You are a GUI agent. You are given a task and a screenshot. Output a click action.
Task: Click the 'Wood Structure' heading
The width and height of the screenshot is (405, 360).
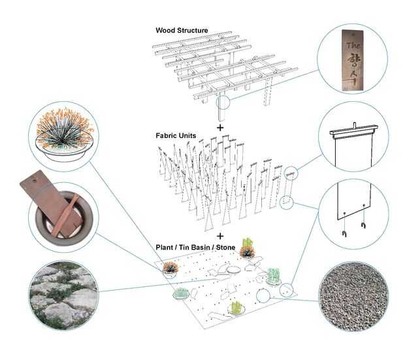click(182, 31)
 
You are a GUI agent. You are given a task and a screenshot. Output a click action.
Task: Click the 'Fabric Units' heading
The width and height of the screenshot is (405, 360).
click(176, 136)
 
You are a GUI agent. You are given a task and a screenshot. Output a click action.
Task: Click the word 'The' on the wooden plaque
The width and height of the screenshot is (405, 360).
click(353, 46)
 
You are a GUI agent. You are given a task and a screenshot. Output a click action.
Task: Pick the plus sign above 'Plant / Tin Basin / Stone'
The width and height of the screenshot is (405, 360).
click(220, 236)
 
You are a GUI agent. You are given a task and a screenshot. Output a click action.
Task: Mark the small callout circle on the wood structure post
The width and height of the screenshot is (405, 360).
click(223, 103)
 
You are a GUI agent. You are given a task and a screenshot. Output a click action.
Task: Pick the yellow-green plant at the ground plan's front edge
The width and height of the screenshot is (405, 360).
click(236, 306)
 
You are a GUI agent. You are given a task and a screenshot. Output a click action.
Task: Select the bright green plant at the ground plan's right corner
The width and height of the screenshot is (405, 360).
click(274, 275)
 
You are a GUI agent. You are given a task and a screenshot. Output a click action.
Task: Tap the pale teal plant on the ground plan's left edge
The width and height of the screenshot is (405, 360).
click(178, 293)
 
